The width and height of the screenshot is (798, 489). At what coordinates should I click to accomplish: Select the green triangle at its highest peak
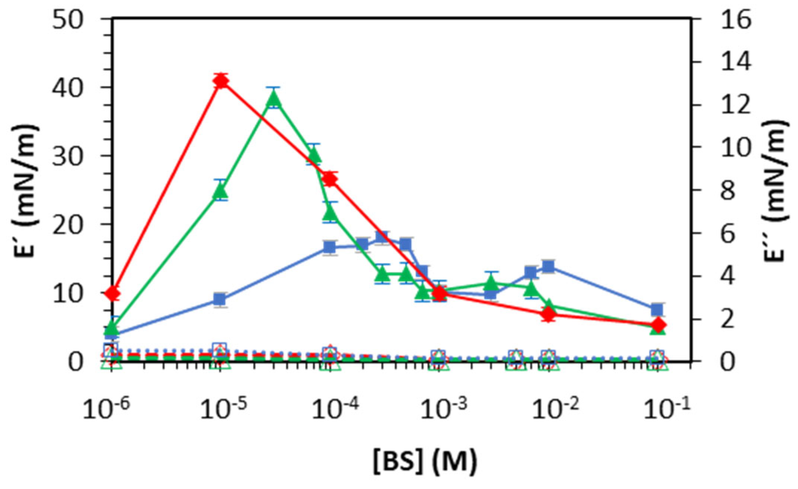point(274,98)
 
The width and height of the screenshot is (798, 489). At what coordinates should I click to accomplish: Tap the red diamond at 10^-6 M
point(112,294)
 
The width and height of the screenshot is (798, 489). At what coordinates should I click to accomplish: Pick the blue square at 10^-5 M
point(220,299)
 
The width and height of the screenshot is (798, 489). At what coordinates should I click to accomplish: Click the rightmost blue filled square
point(657,309)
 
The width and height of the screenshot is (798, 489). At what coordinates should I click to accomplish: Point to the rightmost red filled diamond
point(658,326)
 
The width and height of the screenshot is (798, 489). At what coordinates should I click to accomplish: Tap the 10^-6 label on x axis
point(106,409)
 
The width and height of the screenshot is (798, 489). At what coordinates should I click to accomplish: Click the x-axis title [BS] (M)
point(424,461)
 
